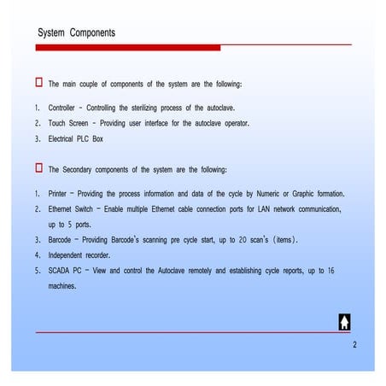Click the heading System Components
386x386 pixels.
[77, 32]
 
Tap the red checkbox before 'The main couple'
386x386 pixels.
[38, 83]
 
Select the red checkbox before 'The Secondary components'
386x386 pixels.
[38, 167]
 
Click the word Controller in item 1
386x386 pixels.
[62, 109]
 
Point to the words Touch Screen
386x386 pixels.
[70, 123]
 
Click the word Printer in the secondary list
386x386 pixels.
[60, 195]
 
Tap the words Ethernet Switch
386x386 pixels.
[72, 209]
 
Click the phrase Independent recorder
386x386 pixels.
[85, 254]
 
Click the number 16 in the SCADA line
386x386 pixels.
[330, 270]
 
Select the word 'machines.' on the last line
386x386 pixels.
[62, 285]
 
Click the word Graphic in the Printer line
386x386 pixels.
[292, 195]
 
